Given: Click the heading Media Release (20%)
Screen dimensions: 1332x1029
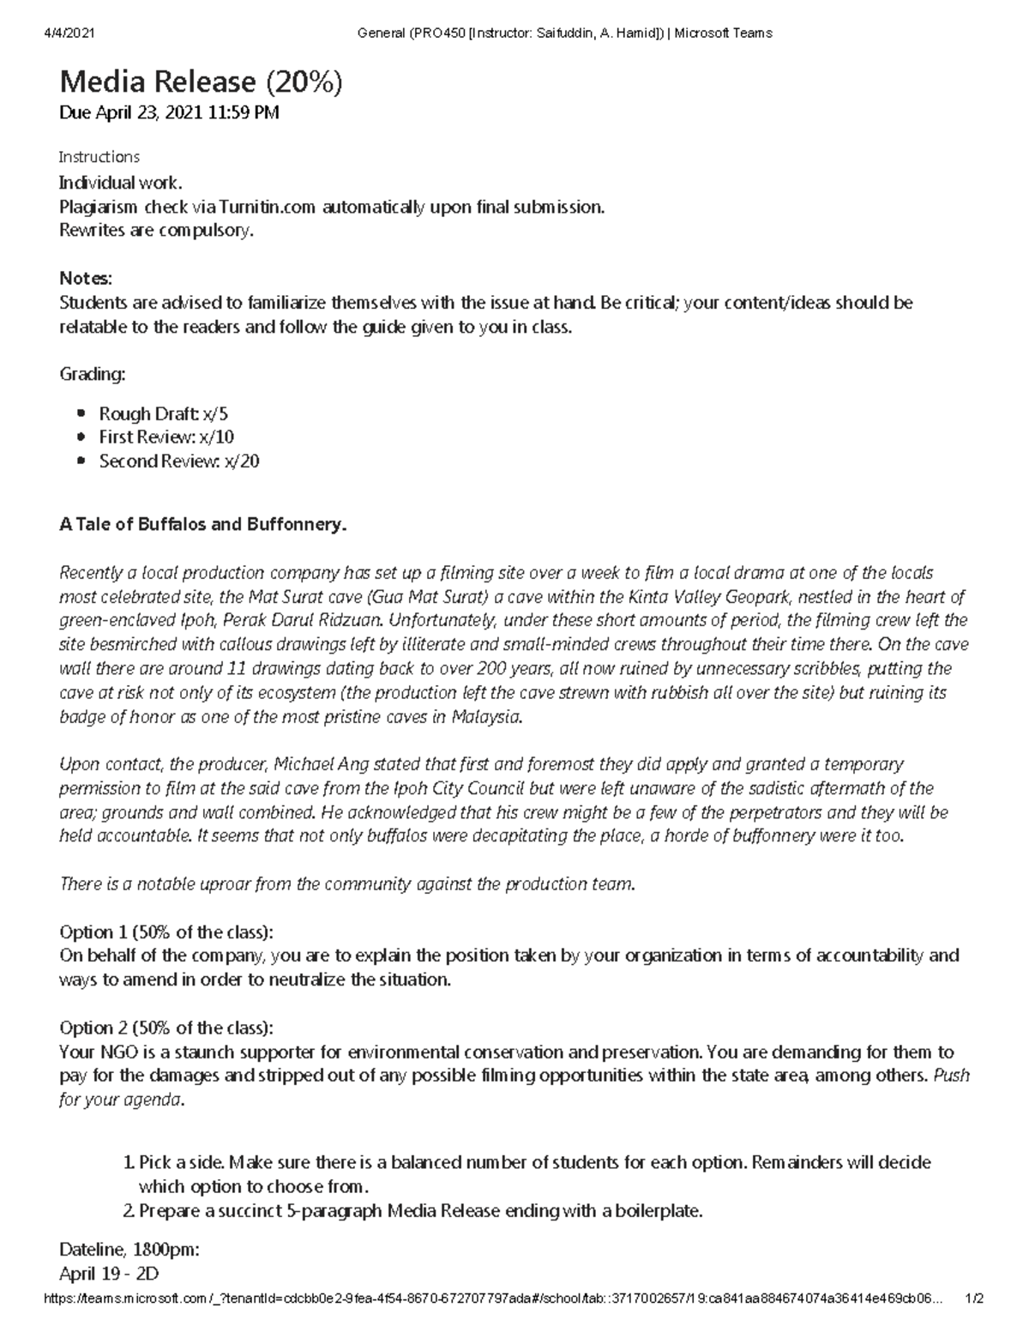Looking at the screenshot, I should (x=201, y=81).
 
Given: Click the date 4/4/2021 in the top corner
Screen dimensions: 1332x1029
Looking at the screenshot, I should (x=68, y=33).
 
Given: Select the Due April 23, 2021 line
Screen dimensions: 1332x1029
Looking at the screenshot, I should (x=168, y=112).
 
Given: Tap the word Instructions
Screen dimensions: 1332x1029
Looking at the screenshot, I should (x=99, y=157).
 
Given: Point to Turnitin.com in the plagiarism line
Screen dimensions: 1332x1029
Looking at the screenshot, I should (x=268, y=207).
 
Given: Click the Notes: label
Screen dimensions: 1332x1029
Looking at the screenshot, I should (x=85, y=279).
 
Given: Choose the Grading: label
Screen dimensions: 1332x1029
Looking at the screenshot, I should (x=92, y=374).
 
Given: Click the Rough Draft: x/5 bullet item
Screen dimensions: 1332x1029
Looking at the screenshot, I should (x=163, y=413).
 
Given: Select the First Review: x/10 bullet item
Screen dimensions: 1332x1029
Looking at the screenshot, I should (x=165, y=437).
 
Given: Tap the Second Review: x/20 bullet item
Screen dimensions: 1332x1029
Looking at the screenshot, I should (x=178, y=461).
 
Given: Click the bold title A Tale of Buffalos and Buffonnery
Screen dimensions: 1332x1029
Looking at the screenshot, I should (x=202, y=524).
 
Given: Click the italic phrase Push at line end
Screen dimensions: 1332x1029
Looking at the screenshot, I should (x=950, y=1076).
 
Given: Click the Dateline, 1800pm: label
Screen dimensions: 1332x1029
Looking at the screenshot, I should (x=129, y=1249).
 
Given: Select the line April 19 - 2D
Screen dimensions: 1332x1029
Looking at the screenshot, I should (x=109, y=1274).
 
